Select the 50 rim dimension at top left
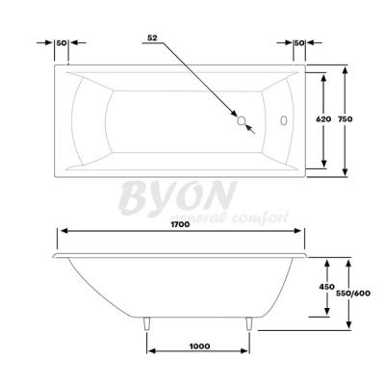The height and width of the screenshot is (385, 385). coord(61,43)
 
